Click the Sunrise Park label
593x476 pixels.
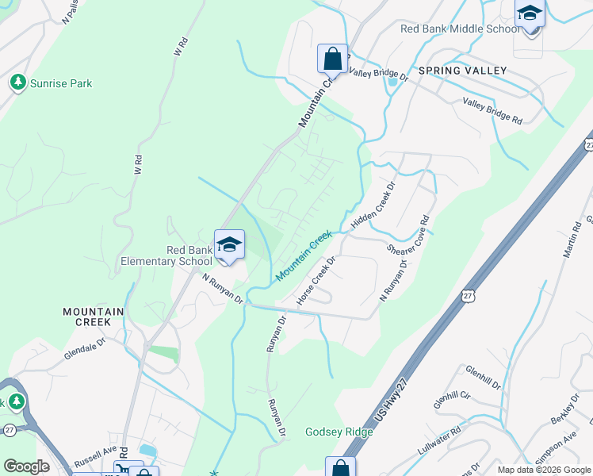point(61,83)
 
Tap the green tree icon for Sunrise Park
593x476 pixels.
point(17,82)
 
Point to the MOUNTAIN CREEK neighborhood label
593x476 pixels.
point(94,317)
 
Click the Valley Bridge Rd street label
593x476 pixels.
point(492,111)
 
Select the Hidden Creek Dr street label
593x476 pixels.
point(373,207)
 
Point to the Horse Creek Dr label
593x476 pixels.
point(316,281)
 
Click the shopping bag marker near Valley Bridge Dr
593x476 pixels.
point(333,59)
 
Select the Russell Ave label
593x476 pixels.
point(94,460)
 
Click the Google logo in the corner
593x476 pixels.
point(26,466)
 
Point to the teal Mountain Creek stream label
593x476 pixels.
point(304,256)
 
